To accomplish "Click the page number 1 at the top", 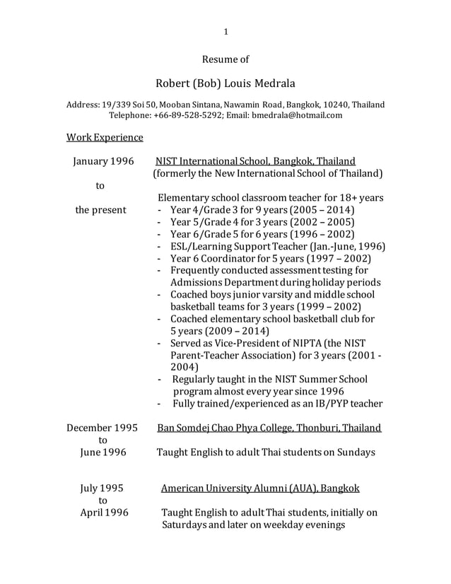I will (x=225, y=31).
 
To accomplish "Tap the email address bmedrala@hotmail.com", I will (x=297, y=115).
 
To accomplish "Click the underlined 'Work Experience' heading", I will (x=105, y=136).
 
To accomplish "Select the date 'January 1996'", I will (x=103, y=161).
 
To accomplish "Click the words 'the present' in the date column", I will (x=102, y=210).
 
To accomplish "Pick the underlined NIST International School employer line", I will (x=255, y=161).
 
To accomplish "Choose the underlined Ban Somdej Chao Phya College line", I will (x=269, y=428).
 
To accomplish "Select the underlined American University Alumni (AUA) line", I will (x=260, y=488).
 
